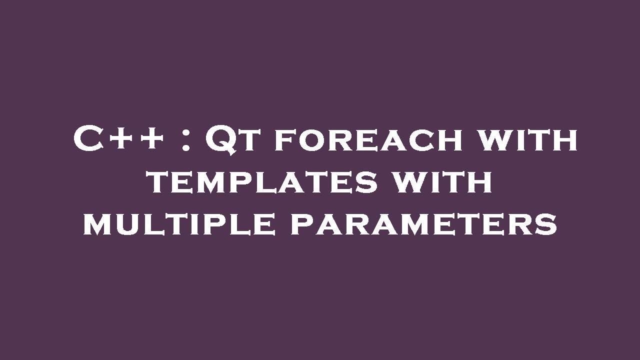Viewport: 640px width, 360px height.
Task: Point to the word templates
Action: pyautogui.click(x=262, y=182)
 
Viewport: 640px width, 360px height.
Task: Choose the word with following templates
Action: pyautogui.click(x=441, y=182)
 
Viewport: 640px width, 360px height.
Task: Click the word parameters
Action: pyautogui.click(x=423, y=224)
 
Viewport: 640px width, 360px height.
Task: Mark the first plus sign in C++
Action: pyautogui.click(x=125, y=139)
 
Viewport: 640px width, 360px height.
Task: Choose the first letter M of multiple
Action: pyautogui.click(x=98, y=225)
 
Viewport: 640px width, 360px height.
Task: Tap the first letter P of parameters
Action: pyautogui.click(x=301, y=225)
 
